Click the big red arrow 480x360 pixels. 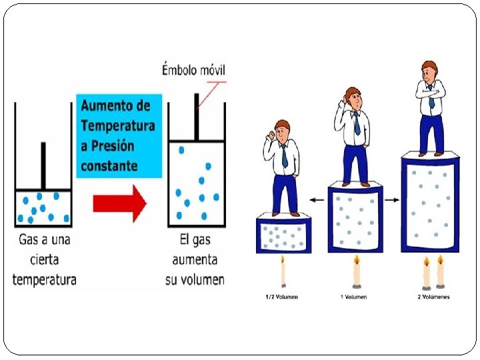[120, 203]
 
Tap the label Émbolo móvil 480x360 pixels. [194, 70]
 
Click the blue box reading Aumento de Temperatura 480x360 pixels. [119, 135]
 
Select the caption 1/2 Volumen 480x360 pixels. [282, 296]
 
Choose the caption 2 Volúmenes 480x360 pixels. [432, 296]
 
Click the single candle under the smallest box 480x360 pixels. [283, 273]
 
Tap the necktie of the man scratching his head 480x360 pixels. [357, 123]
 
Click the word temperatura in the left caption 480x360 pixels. [44, 279]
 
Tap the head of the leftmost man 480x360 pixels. [283, 129]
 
